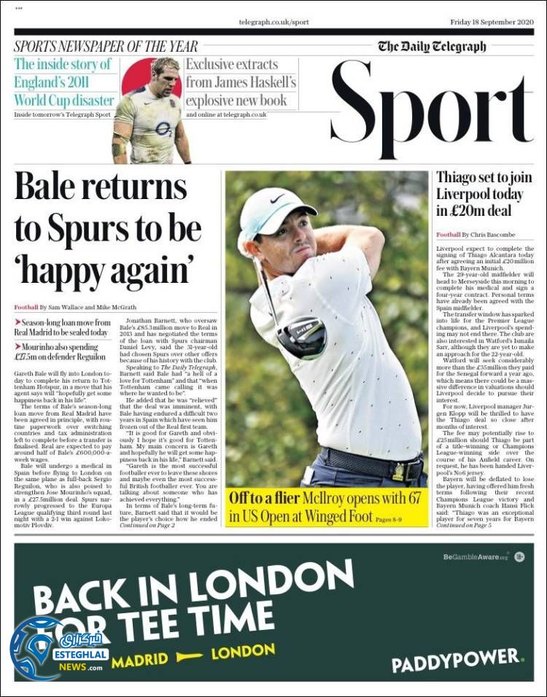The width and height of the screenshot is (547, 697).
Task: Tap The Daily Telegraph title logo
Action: click(x=432, y=47)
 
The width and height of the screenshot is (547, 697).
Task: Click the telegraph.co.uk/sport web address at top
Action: click(x=273, y=23)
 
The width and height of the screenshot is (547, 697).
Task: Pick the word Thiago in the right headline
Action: click(x=459, y=177)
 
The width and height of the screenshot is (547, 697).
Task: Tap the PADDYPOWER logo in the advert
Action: click(x=457, y=661)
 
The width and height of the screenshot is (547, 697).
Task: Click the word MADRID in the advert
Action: click(x=139, y=660)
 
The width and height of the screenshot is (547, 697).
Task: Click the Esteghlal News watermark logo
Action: click(x=58, y=649)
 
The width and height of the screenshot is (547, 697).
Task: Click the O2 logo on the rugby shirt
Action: click(x=163, y=129)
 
